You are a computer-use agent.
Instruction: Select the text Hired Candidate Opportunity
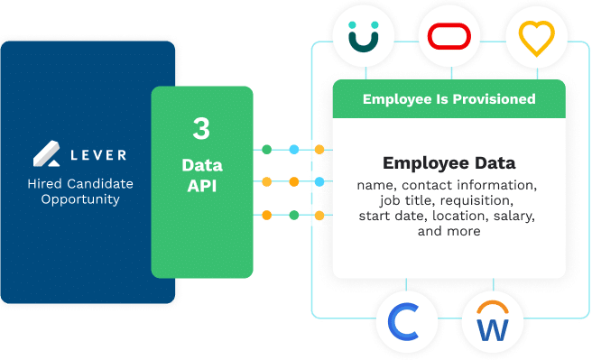tap(87, 191)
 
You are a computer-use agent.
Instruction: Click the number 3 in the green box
tap(201, 128)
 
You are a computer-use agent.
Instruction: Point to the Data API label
tap(201, 175)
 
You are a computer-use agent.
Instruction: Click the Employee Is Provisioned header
tap(449, 99)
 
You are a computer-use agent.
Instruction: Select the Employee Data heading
tap(449, 163)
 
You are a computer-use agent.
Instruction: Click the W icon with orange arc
tap(492, 323)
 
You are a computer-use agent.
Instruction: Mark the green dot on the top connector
tap(266, 148)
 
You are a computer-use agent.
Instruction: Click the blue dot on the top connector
tap(293, 148)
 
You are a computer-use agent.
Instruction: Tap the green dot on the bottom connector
tap(293, 215)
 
